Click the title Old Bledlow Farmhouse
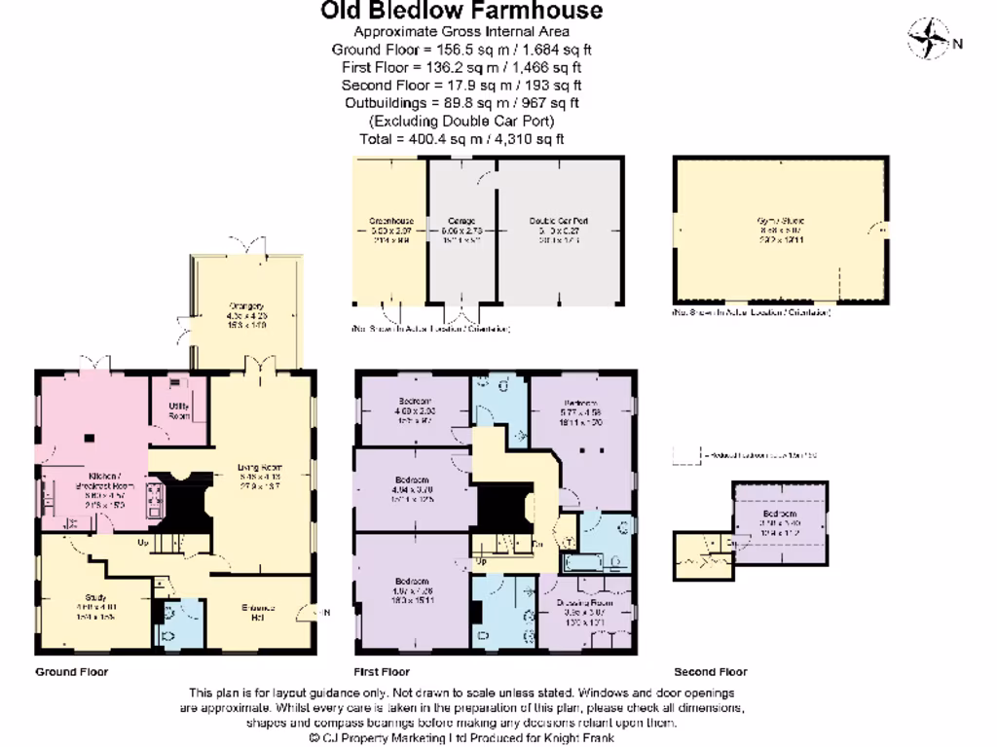coord(462,12)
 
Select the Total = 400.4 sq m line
coord(462,139)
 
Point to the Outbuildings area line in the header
coord(462,103)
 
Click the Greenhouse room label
coord(390,221)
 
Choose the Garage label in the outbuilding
coord(462,221)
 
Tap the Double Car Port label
coord(559,221)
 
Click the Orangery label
coord(246,306)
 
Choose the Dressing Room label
coord(589,603)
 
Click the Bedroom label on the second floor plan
coord(780,514)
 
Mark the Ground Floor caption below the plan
coord(72,672)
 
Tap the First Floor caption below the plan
coord(381,672)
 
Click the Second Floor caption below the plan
coord(710,672)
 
